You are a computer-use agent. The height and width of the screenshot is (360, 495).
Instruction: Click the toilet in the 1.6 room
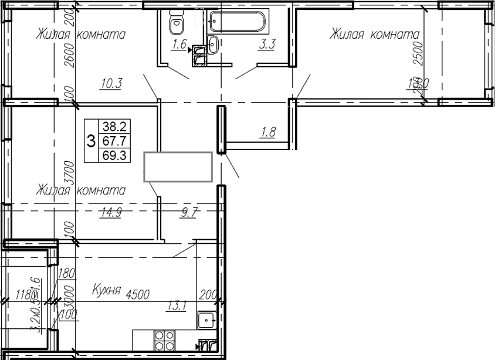click(x=175, y=24)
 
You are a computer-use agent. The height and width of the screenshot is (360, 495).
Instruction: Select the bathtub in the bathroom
click(x=238, y=23)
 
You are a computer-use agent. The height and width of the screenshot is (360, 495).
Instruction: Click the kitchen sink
click(x=206, y=320)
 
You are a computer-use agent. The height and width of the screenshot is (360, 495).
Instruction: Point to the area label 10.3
click(x=110, y=83)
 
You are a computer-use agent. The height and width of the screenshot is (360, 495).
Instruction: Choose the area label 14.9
click(x=110, y=213)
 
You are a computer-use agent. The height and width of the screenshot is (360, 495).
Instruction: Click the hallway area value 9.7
click(x=188, y=213)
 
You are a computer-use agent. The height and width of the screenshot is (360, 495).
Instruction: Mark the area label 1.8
click(x=267, y=133)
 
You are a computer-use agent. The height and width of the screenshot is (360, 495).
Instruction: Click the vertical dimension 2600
click(x=69, y=56)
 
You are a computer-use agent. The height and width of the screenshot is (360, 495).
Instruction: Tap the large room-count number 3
click(x=91, y=141)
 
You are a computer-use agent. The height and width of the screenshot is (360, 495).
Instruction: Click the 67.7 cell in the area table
click(x=116, y=141)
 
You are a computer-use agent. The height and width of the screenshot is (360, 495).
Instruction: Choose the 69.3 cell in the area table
click(x=116, y=155)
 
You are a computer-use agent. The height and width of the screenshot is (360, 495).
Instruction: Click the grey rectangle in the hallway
click(x=178, y=167)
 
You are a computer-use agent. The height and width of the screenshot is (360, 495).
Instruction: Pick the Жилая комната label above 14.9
click(x=81, y=191)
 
